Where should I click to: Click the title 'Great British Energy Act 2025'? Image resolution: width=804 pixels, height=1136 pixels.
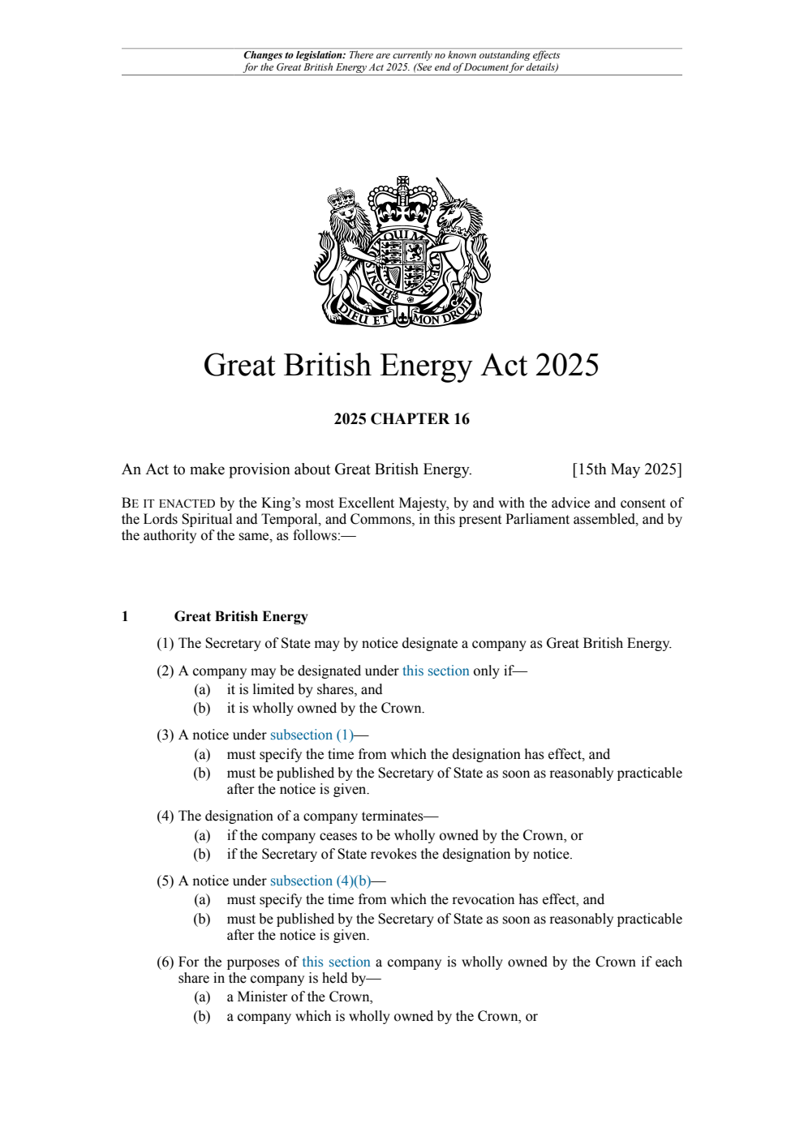pos(401,366)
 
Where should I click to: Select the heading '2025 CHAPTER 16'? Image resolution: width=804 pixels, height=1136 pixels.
pos(402,419)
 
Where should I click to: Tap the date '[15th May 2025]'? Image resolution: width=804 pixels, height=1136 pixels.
pos(626,469)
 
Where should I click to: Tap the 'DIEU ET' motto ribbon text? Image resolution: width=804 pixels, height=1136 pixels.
pos(364,316)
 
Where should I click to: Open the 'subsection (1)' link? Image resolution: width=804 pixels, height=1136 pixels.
pos(312,735)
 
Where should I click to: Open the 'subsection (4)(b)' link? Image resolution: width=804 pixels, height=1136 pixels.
pos(320,881)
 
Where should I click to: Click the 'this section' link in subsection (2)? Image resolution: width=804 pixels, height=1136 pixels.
pos(436,671)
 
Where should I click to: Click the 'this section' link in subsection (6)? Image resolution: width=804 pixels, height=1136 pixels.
pos(336,962)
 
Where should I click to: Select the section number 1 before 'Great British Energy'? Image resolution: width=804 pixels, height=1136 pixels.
pos(125,617)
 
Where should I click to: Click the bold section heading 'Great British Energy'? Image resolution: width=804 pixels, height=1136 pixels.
pos(241,617)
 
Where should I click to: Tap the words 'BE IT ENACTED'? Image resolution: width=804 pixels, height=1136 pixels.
pos(168,504)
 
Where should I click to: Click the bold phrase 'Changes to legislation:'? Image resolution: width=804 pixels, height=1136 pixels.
pos(295,56)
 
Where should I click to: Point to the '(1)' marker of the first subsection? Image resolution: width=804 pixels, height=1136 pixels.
pos(165,644)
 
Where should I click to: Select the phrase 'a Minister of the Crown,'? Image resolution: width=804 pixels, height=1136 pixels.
pos(299,997)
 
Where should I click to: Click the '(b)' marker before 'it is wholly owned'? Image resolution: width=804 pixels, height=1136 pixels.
pos(201,709)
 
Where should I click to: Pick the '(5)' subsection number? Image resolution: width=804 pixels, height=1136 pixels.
pos(165,881)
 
